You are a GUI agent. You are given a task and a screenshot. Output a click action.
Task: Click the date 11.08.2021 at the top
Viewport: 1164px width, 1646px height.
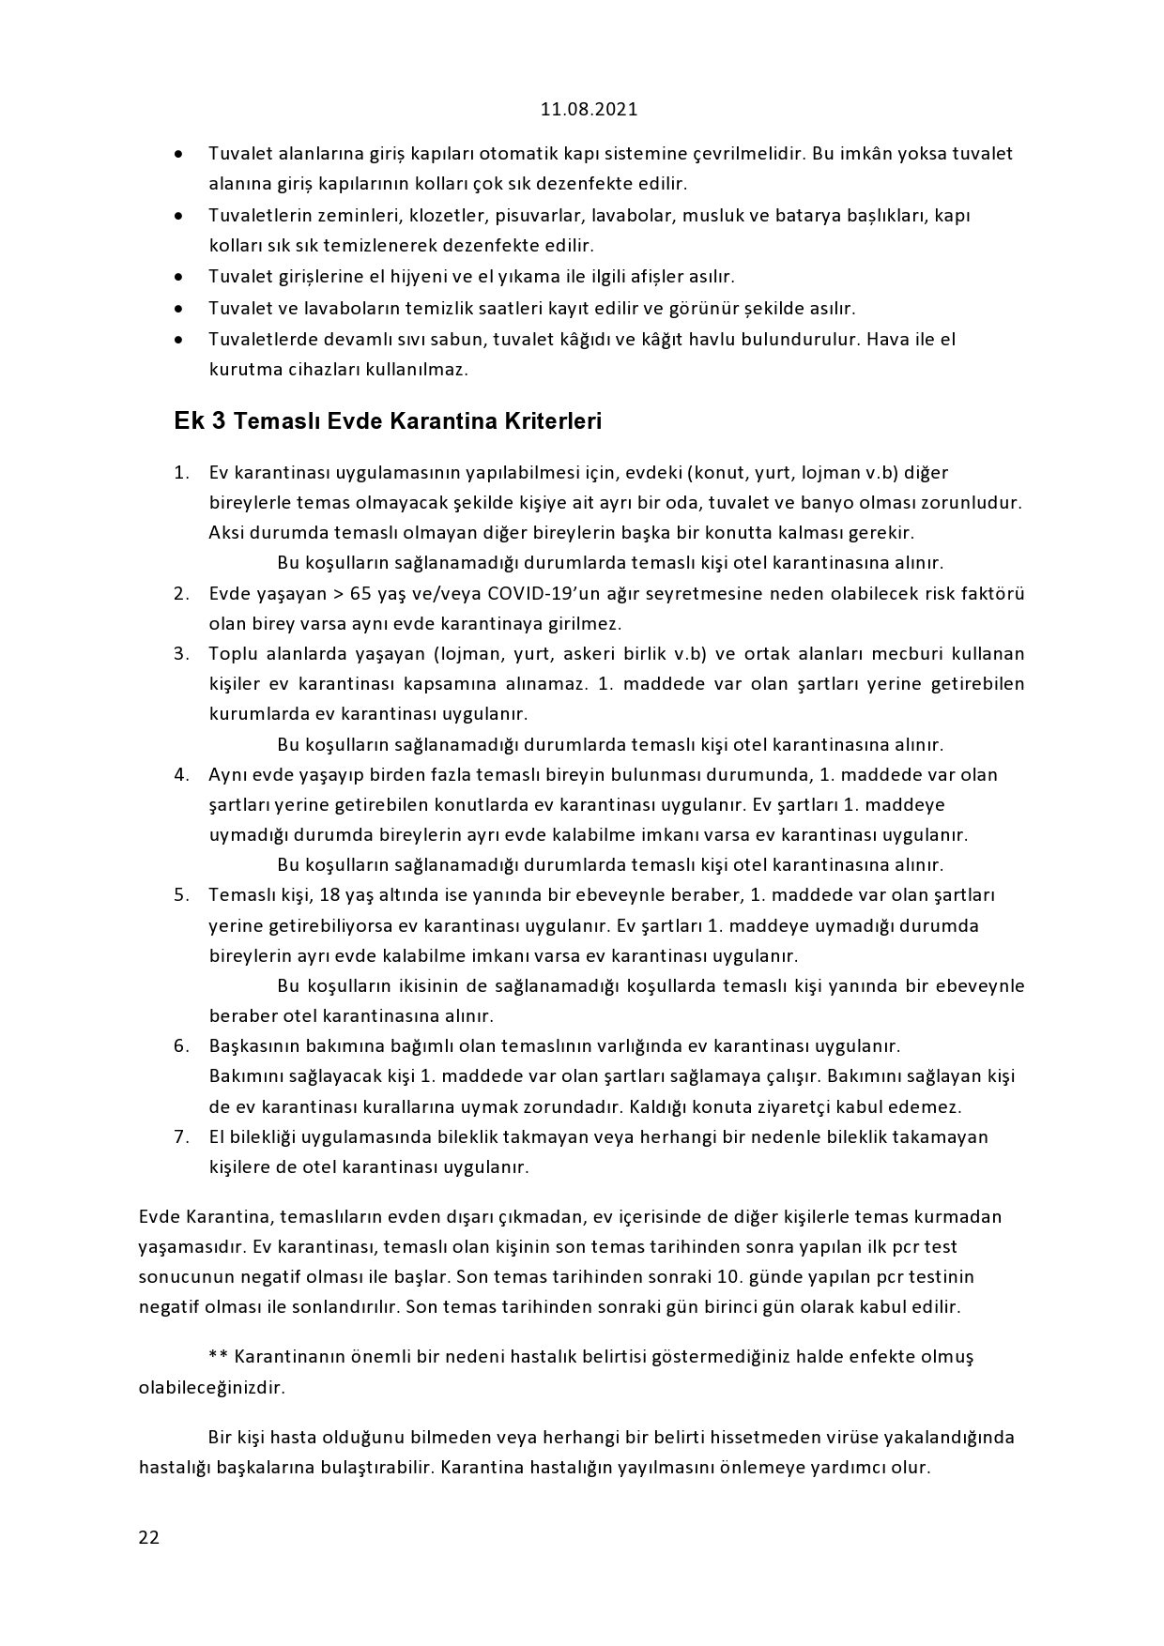click(589, 109)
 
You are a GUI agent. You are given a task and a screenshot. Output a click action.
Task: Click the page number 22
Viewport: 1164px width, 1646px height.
click(148, 1537)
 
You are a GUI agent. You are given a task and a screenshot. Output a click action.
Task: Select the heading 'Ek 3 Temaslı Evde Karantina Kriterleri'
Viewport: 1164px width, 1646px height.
click(388, 421)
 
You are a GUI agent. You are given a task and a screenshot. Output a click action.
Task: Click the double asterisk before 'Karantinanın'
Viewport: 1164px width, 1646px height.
click(218, 1357)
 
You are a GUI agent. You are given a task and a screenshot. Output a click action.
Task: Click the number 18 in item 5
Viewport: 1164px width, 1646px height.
click(357, 895)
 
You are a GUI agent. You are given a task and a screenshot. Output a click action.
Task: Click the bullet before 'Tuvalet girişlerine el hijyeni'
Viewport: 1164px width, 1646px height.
click(178, 278)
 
